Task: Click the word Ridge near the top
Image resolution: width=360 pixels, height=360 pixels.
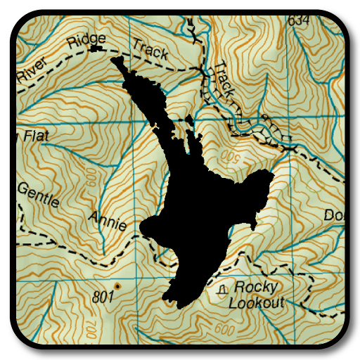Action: point(86,41)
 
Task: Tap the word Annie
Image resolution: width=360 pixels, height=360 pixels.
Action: point(108,221)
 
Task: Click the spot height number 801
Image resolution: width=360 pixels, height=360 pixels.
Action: point(103,297)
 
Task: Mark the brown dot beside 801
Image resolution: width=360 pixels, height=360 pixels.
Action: point(117,286)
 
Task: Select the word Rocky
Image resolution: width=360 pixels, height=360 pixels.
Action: point(256,287)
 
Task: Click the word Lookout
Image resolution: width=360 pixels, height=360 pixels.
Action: point(257,303)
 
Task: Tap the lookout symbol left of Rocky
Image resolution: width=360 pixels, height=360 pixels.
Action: point(224,288)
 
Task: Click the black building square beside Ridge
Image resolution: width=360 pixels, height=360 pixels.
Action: point(96,49)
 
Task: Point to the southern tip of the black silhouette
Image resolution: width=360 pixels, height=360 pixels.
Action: point(169,302)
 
